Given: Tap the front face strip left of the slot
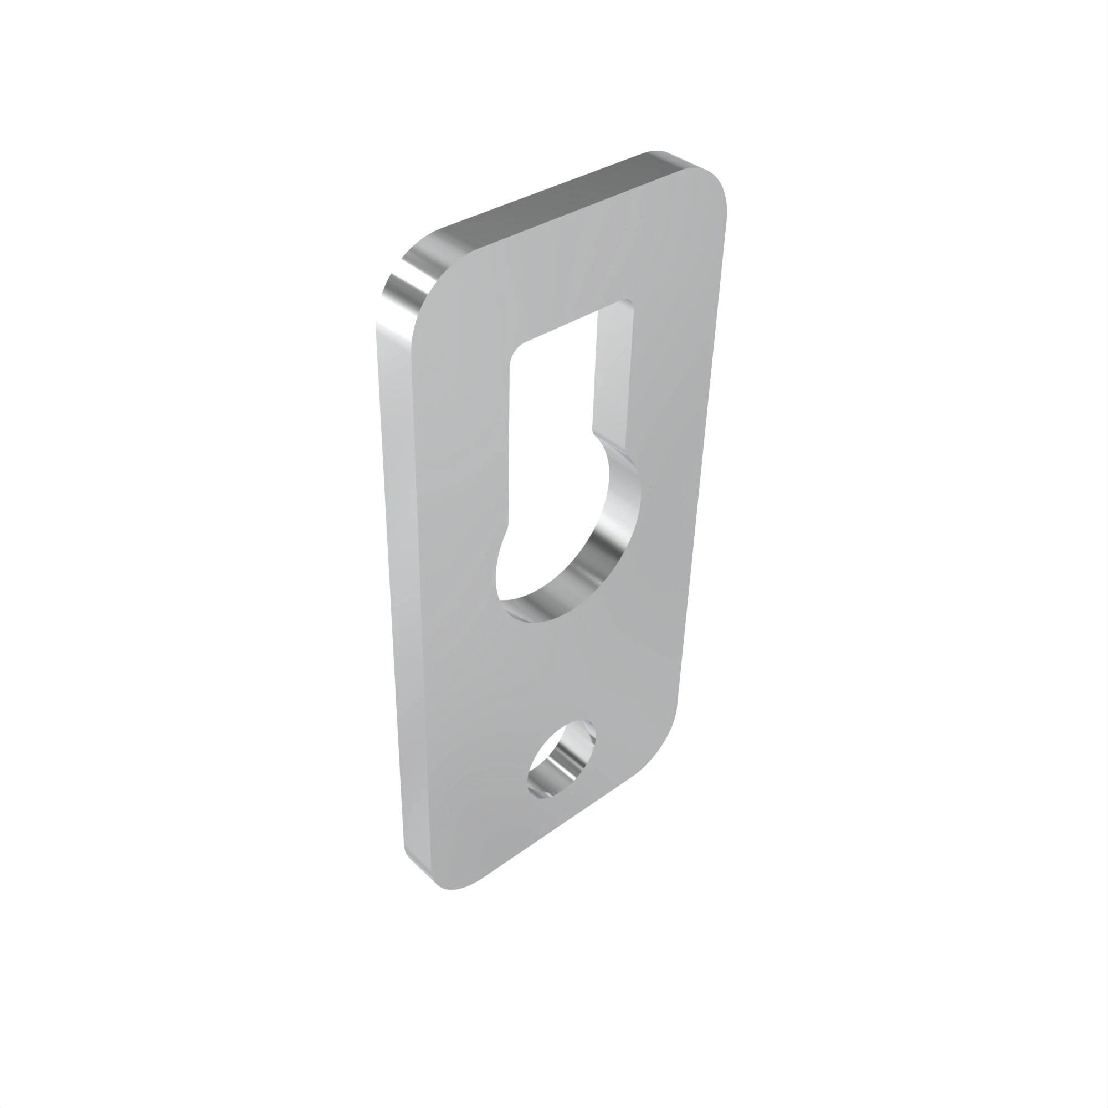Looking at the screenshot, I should tap(459, 459).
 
